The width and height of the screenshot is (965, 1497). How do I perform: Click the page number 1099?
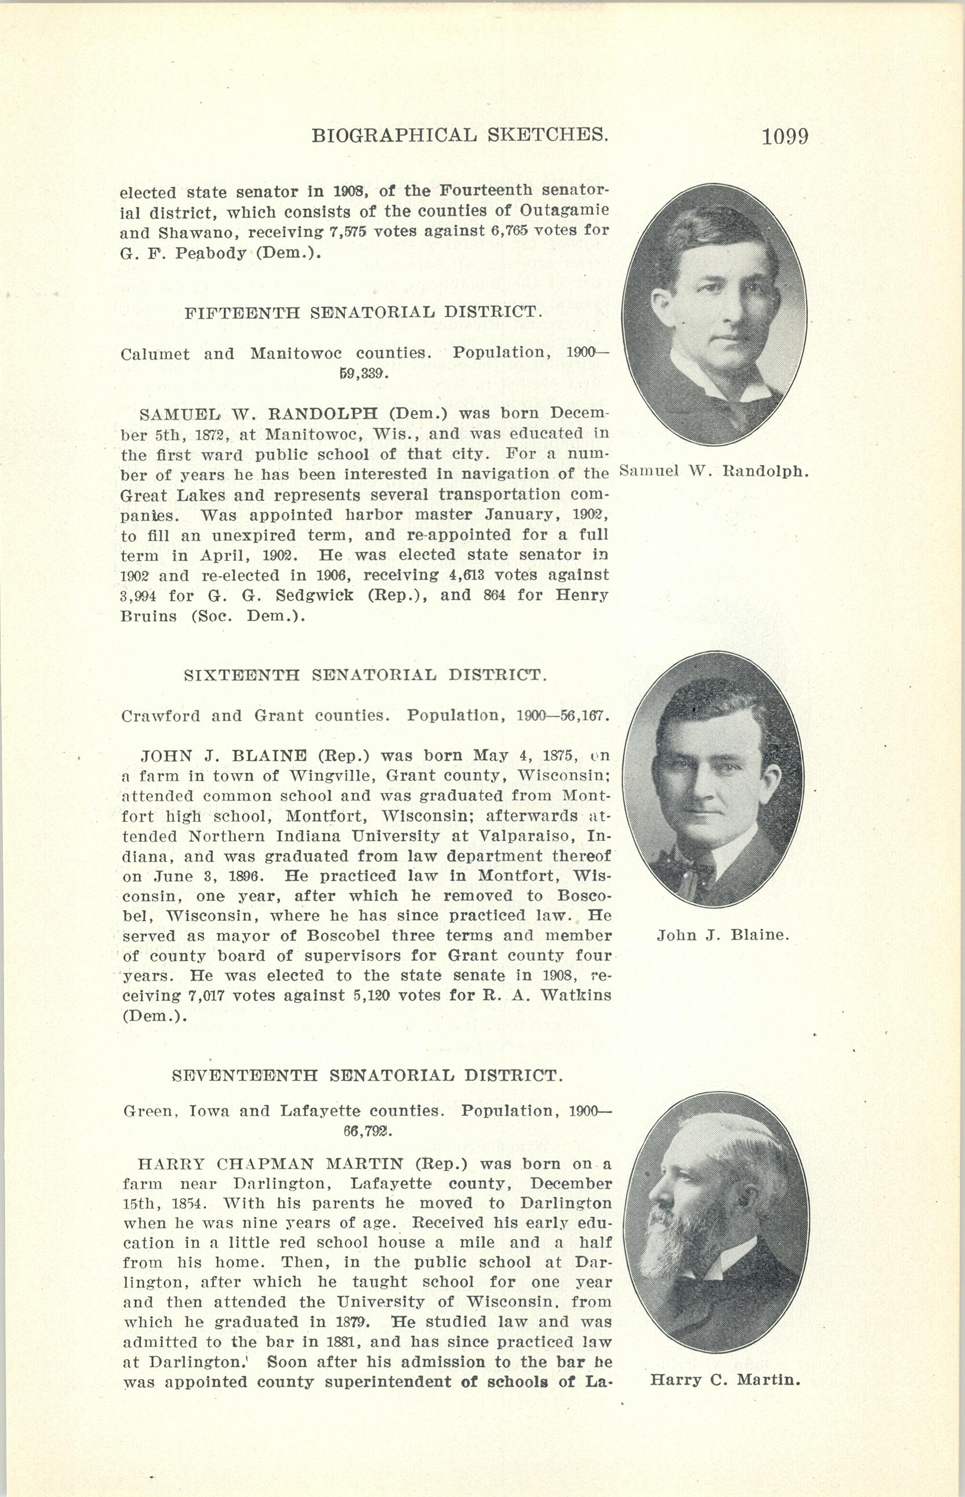click(785, 137)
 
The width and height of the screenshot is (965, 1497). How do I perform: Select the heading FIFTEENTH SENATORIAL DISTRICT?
click(364, 312)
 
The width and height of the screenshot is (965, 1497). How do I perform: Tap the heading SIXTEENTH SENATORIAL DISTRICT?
click(366, 675)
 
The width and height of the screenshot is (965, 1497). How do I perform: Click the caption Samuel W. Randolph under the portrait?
click(714, 471)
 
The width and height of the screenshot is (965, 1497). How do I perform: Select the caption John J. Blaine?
click(723, 935)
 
